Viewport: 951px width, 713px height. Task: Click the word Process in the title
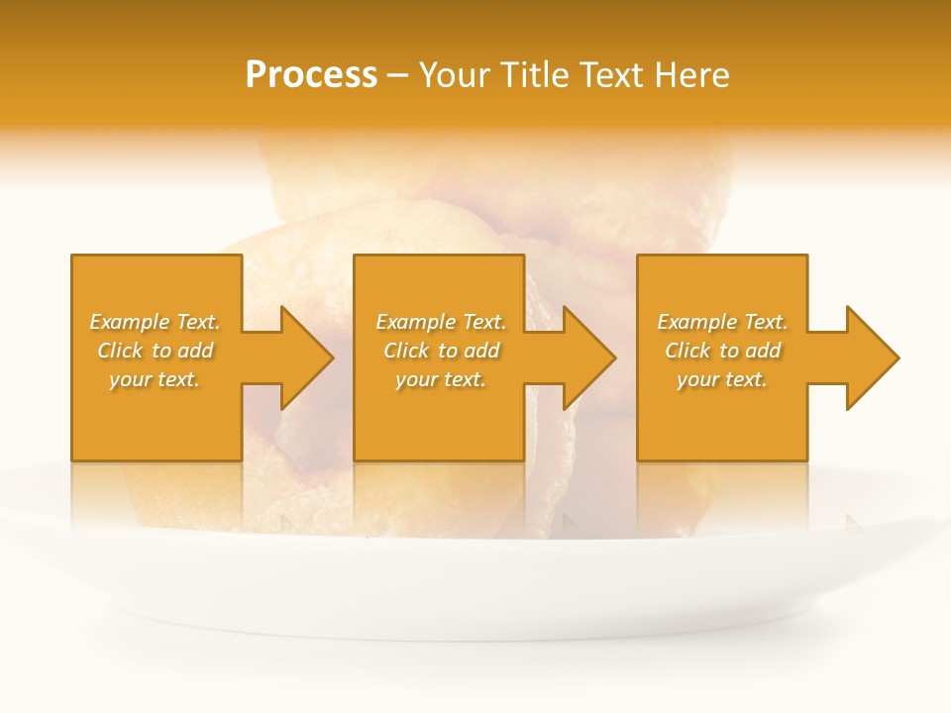(311, 75)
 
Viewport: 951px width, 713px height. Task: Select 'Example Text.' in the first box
(155, 322)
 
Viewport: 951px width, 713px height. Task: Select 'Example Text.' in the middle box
(441, 322)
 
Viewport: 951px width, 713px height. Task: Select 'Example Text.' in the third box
(722, 322)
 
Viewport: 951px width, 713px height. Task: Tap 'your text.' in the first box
(155, 379)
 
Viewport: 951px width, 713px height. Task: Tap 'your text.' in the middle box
(441, 379)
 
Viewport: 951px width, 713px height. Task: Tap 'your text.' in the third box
(722, 379)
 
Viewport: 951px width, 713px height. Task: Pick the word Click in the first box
(119, 351)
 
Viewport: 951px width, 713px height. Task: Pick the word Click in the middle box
(405, 351)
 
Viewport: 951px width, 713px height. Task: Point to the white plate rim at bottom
(475, 624)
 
